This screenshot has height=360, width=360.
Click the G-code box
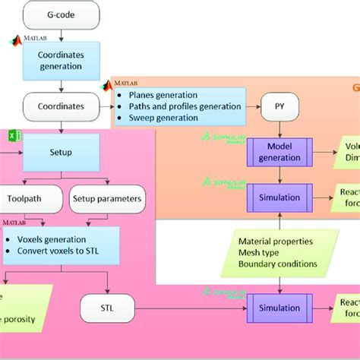click(x=61, y=14)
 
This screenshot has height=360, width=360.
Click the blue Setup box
click(x=61, y=152)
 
